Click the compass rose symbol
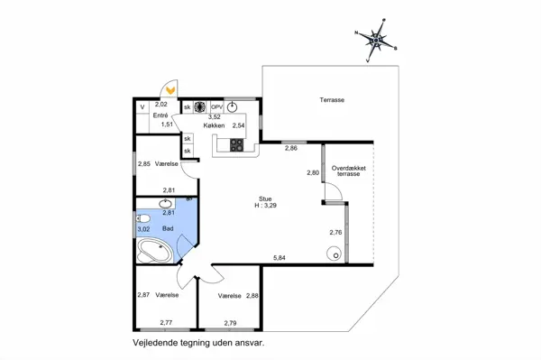pyautogui.click(x=376, y=41)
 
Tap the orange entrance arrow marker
pyautogui.click(x=170, y=90)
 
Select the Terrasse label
pyautogui.click(x=332, y=100)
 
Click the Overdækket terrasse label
pyautogui.click(x=348, y=171)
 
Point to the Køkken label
pyautogui.click(x=214, y=125)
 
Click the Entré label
pyautogui.click(x=160, y=115)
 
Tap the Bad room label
pyautogui.click(x=168, y=228)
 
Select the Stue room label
pyautogui.click(x=265, y=198)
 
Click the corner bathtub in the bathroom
pyautogui.click(x=155, y=251)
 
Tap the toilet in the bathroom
pyautogui.click(x=143, y=218)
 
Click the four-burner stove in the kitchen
pyautogui.click(x=236, y=145)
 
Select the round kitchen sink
pyautogui.click(x=233, y=107)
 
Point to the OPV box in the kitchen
pyautogui.click(x=217, y=107)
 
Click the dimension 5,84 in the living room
pyautogui.click(x=280, y=257)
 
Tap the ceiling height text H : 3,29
pyautogui.click(x=265, y=206)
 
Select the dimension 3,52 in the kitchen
pyautogui.click(x=215, y=117)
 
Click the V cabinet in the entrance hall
pyautogui.click(x=142, y=107)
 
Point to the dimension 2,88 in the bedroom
pyautogui.click(x=252, y=296)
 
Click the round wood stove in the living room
pyautogui.click(x=334, y=254)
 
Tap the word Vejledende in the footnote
pyautogui.click(x=150, y=343)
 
